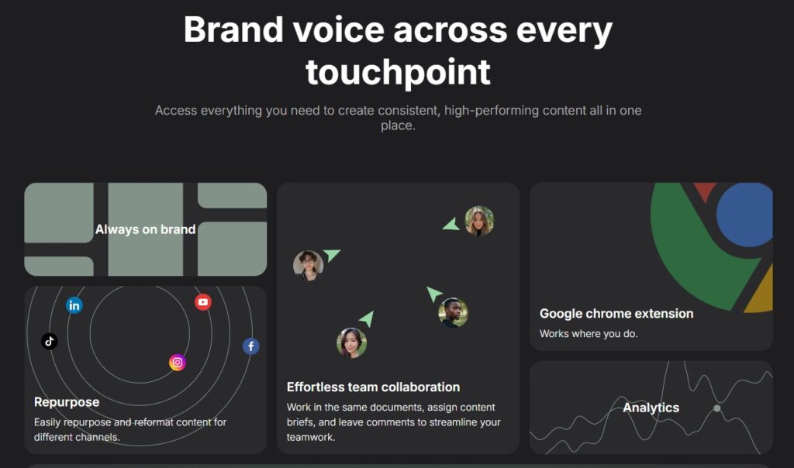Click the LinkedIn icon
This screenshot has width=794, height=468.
[x=74, y=305]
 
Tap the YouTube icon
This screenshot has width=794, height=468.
[x=203, y=302]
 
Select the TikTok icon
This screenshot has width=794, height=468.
[x=49, y=341]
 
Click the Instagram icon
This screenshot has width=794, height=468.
[x=178, y=363]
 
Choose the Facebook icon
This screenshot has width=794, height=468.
[x=250, y=346]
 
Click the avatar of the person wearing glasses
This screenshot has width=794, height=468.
[x=308, y=265]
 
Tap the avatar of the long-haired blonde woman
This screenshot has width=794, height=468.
[x=479, y=221]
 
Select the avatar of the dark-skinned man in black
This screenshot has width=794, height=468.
[x=453, y=312]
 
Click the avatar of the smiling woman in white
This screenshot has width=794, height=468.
[x=351, y=343]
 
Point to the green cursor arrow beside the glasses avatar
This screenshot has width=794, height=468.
[x=331, y=254]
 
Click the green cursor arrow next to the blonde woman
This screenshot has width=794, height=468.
[x=451, y=225]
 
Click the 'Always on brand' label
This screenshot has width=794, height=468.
[x=145, y=229]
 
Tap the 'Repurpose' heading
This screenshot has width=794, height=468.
[x=67, y=402]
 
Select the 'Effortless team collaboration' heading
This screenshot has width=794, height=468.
[x=373, y=387]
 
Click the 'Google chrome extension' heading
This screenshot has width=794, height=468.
[x=616, y=314]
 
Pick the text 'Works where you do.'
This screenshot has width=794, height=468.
[x=589, y=334]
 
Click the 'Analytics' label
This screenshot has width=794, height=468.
[x=651, y=408]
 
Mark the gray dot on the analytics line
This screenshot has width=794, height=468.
[x=717, y=408]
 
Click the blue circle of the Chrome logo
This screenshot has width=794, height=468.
[x=744, y=215]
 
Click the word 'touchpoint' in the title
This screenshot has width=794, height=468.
[x=398, y=72]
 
